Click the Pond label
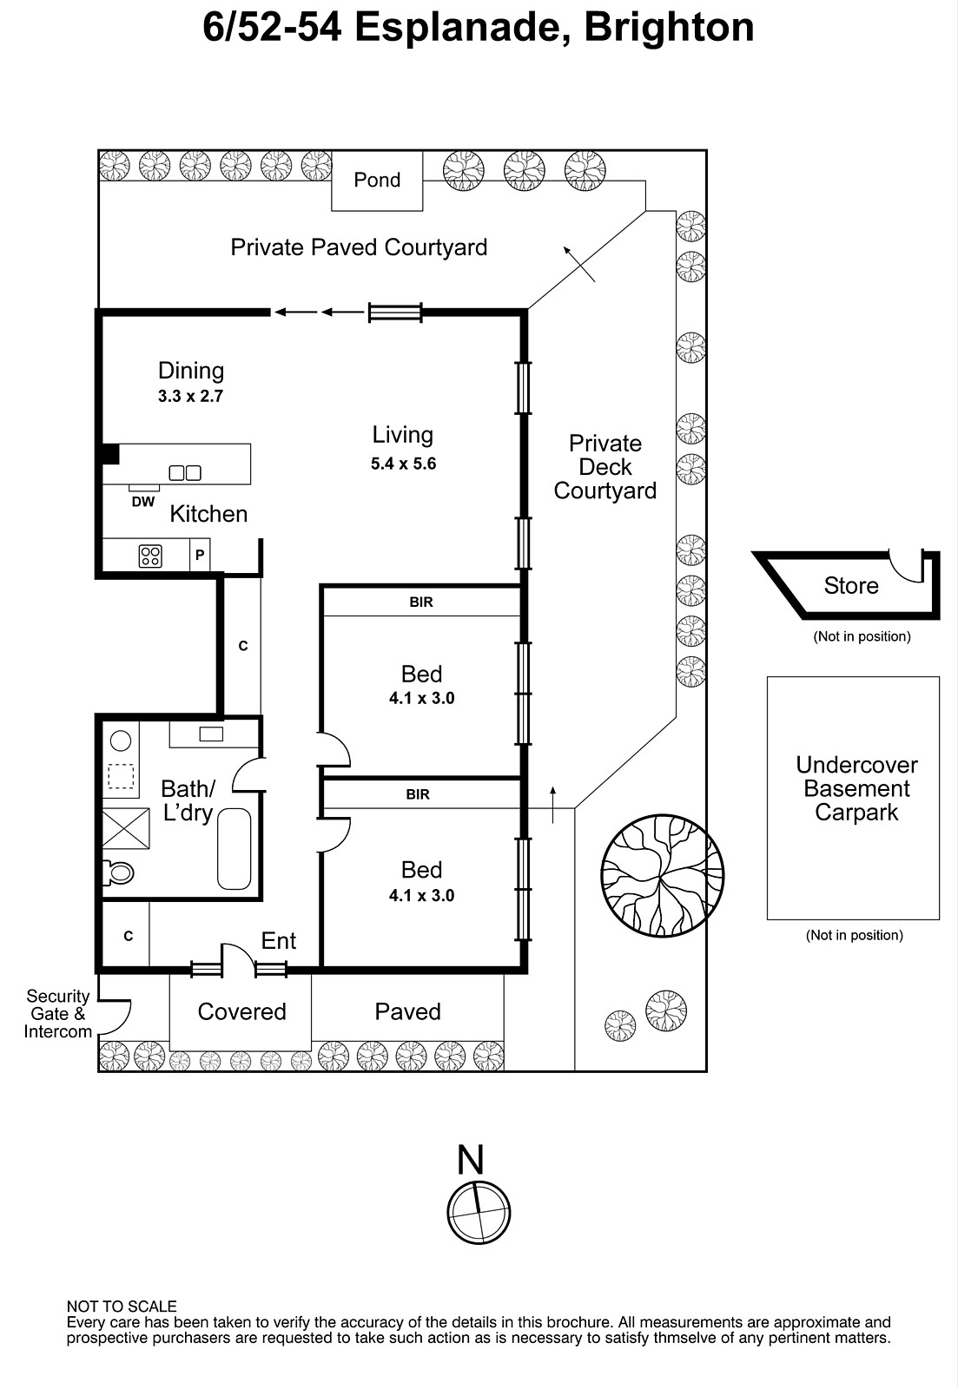pyautogui.click(x=377, y=180)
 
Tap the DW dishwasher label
pyautogui.click(x=142, y=502)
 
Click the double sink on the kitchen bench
pyautogui.click(x=185, y=473)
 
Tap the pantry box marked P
pyautogui.click(x=200, y=555)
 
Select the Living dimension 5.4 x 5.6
pyautogui.click(x=403, y=464)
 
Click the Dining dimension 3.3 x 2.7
pyautogui.click(x=190, y=396)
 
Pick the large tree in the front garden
pyautogui.click(x=663, y=876)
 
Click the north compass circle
pyautogui.click(x=479, y=1213)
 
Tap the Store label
pyautogui.click(x=851, y=585)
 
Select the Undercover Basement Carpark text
pyautogui.click(x=856, y=788)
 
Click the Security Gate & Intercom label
pyautogui.click(x=57, y=1014)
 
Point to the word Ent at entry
pyautogui.click(x=279, y=941)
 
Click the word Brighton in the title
pyautogui.click(x=669, y=27)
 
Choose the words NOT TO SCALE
pyautogui.click(x=122, y=1307)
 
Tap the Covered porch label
pyautogui.click(x=242, y=1011)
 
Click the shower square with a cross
pyautogui.click(x=126, y=828)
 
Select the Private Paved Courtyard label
pyautogui.click(x=359, y=247)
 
